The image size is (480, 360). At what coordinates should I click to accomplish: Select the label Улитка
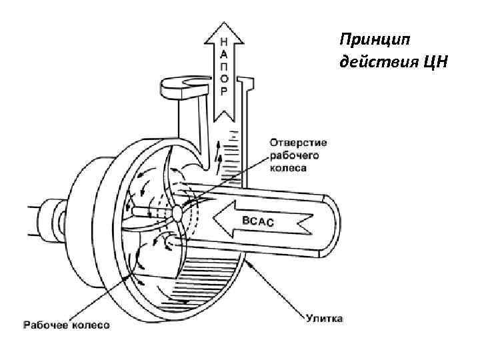(x=325, y=319)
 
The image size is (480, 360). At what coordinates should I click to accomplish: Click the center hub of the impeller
(x=177, y=213)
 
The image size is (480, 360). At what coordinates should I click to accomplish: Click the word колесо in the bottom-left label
(x=91, y=325)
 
